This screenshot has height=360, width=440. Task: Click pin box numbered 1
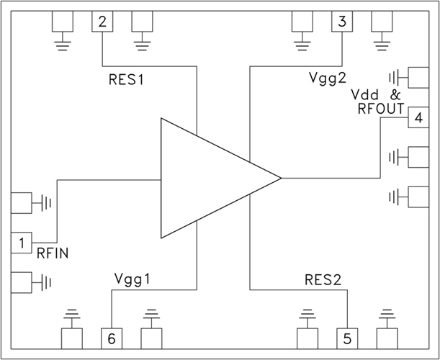coord(22,243)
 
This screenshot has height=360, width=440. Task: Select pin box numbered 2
coord(102,22)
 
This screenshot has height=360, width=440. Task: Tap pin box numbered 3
coord(341,22)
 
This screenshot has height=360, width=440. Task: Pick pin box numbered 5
coord(348,338)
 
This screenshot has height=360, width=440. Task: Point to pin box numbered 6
coord(111,338)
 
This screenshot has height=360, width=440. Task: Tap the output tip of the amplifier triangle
coord(279,177)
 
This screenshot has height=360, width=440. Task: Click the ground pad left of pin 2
coord(63,22)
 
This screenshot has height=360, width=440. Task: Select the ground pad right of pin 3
coord(382,22)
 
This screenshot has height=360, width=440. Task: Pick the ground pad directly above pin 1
coord(22,203)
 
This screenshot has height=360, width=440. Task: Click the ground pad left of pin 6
coord(71,337)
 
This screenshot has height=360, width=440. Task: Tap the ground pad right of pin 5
coord(388,337)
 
